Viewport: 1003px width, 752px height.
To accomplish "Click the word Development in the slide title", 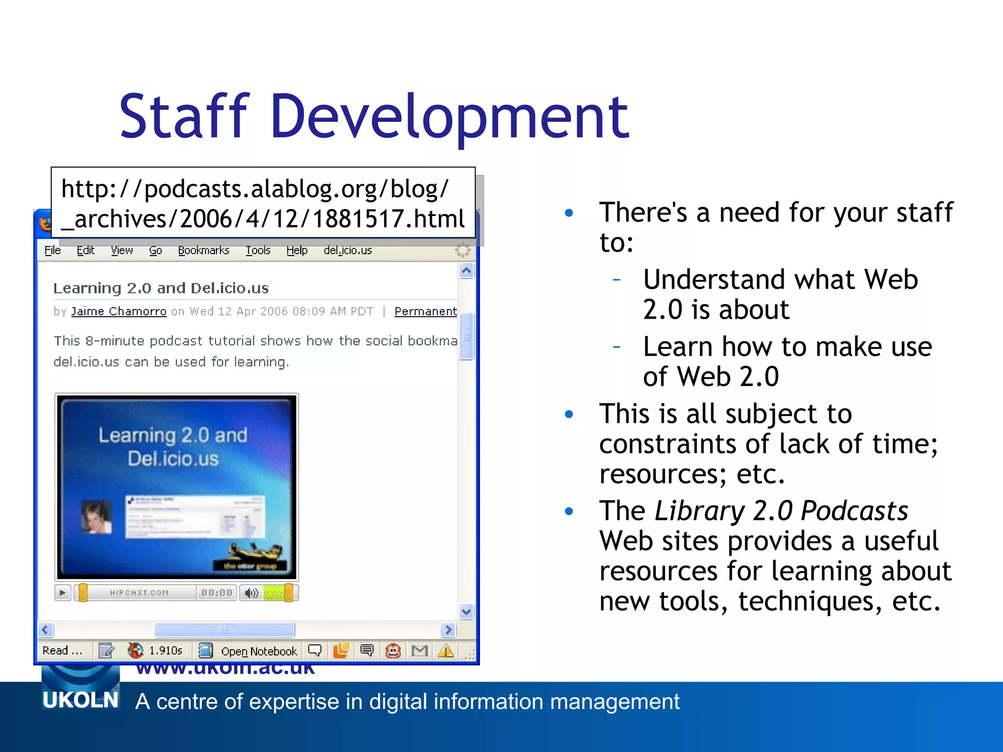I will pyautogui.click(x=449, y=117).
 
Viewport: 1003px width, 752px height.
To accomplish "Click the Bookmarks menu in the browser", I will pyautogui.click(x=203, y=251).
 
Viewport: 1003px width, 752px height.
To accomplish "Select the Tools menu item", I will pyautogui.click(x=258, y=251).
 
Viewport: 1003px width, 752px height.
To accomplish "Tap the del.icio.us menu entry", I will pyautogui.click(x=348, y=251).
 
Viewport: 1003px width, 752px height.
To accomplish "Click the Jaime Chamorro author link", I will pyautogui.click(x=119, y=311).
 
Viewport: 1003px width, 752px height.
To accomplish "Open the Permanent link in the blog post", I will pyautogui.click(x=425, y=311).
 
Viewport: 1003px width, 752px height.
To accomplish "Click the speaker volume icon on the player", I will pyautogui.click(x=251, y=593).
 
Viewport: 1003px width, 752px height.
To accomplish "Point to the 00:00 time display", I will pyautogui.click(x=216, y=593).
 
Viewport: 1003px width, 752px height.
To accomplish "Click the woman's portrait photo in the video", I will pyautogui.click(x=96, y=517).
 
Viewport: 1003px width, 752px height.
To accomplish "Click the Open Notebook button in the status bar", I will pyautogui.click(x=259, y=651).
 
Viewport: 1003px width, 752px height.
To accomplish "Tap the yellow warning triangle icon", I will pyautogui.click(x=446, y=651).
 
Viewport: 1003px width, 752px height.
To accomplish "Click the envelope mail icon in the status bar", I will pyautogui.click(x=420, y=651).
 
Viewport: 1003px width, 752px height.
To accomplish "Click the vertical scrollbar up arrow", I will pyautogui.click(x=466, y=270).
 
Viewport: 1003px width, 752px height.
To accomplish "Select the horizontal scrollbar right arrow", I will pyautogui.click(x=448, y=630).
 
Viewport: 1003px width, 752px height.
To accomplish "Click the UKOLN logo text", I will pyautogui.click(x=81, y=700).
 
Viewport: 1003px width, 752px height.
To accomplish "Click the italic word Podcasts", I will pyautogui.click(x=854, y=511).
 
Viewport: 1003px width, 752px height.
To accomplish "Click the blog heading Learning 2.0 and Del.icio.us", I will pyautogui.click(x=161, y=288).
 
